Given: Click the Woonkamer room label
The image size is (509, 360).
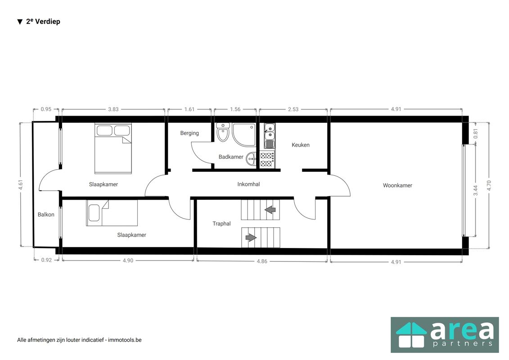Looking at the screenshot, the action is click(x=397, y=185).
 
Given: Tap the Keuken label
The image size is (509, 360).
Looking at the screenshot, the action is click(x=300, y=145).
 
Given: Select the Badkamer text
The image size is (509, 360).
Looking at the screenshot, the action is click(x=231, y=157).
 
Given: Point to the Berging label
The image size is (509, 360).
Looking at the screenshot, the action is click(x=189, y=133).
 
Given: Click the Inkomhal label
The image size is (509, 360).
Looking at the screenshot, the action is click(x=248, y=184).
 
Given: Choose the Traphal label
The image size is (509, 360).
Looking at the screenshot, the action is click(x=222, y=223).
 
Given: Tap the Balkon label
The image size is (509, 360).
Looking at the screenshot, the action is click(x=46, y=214).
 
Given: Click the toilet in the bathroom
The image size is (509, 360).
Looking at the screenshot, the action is click(x=223, y=132).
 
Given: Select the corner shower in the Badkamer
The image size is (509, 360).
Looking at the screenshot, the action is click(x=244, y=135).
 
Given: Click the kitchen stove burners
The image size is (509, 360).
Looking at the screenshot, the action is click(x=267, y=160).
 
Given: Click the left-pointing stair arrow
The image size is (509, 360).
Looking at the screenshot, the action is click(x=270, y=210).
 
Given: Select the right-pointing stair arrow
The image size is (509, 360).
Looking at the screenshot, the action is click(x=251, y=238).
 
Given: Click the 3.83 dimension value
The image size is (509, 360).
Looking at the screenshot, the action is click(x=113, y=109).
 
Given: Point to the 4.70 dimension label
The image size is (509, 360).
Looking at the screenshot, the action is click(x=489, y=185).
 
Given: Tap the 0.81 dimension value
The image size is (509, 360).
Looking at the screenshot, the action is click(x=476, y=133).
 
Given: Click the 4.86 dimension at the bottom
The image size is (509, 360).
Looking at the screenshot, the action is click(x=262, y=261).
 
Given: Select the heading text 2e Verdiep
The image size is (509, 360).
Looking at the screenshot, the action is click(x=43, y=22).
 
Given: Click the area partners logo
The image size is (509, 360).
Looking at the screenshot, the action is click(x=445, y=335).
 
